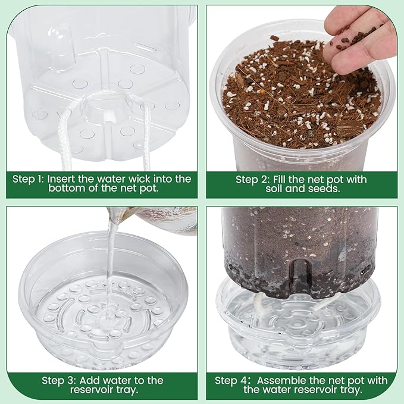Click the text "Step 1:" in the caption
(29, 178)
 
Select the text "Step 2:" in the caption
(253, 179)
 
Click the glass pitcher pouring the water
(164, 219)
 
